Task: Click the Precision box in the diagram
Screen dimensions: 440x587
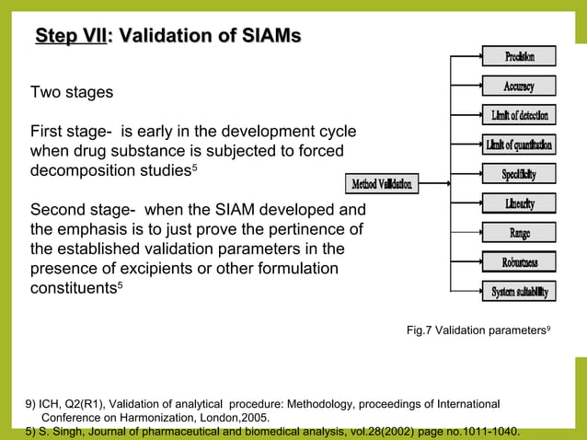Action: [519, 57]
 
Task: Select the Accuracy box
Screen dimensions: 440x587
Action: [519, 87]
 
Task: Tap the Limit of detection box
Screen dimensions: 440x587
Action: [519, 116]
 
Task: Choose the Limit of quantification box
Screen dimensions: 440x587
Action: [519, 145]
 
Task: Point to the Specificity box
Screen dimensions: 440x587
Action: [519, 174]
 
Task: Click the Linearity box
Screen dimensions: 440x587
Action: [519, 203]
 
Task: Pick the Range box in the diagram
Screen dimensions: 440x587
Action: [519, 233]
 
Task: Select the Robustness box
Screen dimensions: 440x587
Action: [519, 262]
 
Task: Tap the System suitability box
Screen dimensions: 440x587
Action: [519, 292]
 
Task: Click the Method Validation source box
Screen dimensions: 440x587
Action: [382, 184]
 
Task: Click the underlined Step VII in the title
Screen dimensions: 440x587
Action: [70, 36]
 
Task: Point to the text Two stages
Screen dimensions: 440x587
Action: [72, 93]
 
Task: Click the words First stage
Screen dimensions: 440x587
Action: [72, 131]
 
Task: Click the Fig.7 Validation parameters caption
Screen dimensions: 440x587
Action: [478, 330]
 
